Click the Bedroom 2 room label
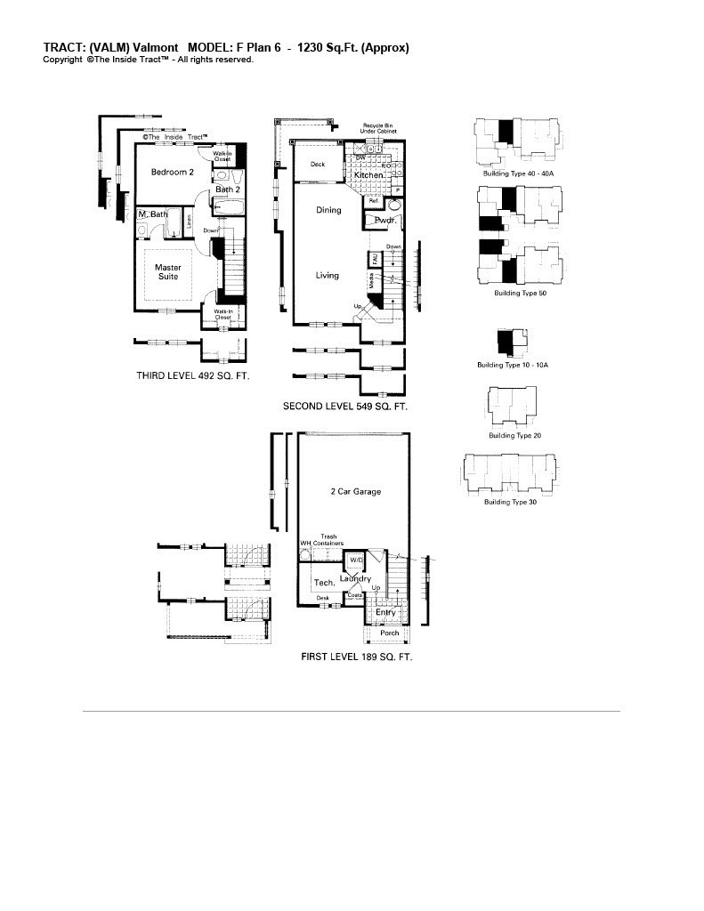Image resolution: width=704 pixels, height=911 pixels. (172, 172)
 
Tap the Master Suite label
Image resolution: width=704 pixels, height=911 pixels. (167, 271)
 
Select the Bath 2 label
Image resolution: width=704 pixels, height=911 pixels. (228, 189)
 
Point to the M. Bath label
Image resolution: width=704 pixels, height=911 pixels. (152, 214)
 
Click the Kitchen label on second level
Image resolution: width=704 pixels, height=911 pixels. (369, 176)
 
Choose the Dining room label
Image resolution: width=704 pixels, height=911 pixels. (328, 211)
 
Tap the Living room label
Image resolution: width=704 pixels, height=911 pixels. (327, 275)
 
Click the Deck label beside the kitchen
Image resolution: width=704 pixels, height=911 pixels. (317, 165)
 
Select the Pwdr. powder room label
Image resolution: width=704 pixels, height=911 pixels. (384, 219)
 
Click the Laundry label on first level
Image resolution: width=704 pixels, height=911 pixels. (356, 579)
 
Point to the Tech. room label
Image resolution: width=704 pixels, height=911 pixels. (324, 583)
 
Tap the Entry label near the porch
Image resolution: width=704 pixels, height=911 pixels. (385, 612)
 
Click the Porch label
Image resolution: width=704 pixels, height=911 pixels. (389, 633)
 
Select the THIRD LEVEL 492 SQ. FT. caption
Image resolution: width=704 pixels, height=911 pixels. (192, 376)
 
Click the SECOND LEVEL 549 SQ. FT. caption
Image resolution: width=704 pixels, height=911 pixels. (344, 407)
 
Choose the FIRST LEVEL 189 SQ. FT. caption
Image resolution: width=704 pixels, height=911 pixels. (356, 657)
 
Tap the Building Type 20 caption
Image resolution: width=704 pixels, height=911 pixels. (514, 436)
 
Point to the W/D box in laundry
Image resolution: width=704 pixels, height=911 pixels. (355, 560)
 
